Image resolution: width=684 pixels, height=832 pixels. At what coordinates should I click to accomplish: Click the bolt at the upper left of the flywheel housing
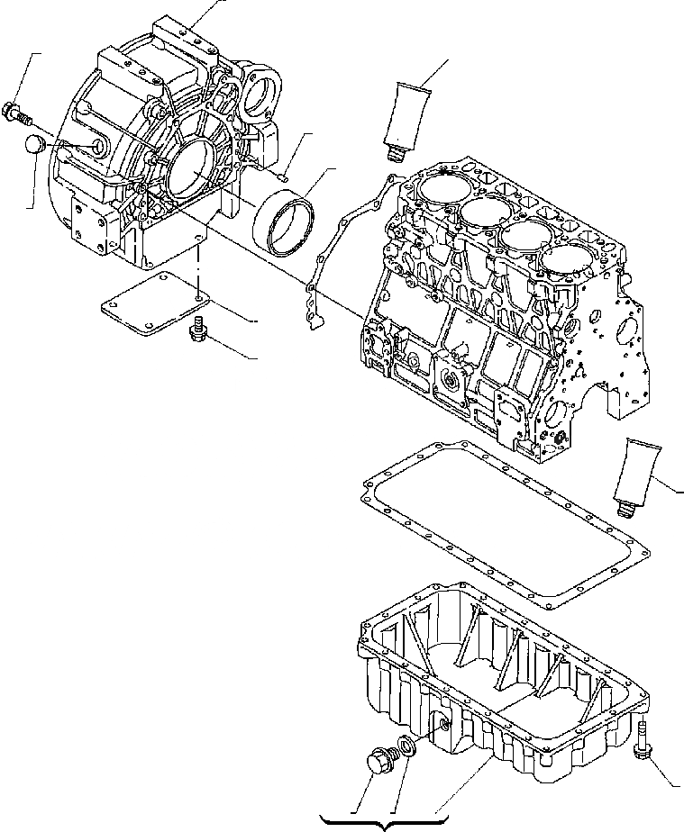coord(17,113)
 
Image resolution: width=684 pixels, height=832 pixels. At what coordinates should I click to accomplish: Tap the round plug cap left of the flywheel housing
coord(33,145)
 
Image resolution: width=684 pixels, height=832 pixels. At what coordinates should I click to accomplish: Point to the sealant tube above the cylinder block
coord(410,113)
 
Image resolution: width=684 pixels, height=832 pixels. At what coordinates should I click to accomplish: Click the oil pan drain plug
coord(378,763)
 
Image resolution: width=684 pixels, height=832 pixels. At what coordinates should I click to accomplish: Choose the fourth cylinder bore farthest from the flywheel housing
coord(565,261)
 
